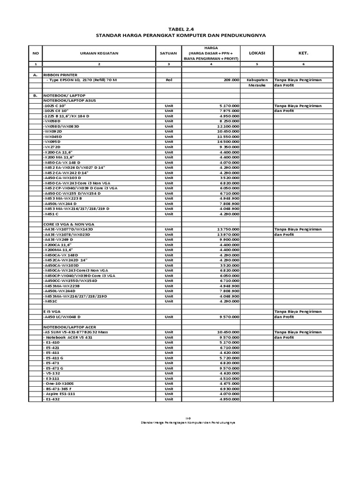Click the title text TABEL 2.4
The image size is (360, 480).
point(180,28)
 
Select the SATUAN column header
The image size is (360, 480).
point(168,53)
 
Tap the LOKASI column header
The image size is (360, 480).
point(257,53)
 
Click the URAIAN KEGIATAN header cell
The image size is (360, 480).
point(99,53)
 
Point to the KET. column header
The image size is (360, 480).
point(303,53)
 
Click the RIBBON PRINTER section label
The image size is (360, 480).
point(61,75)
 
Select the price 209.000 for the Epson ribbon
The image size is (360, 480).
point(231,80)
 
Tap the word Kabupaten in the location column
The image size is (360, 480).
point(257,80)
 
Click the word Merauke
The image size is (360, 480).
point(257,85)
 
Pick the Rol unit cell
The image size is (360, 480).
point(168,80)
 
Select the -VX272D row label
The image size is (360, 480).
point(52,147)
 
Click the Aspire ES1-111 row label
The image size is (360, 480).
point(60,394)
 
